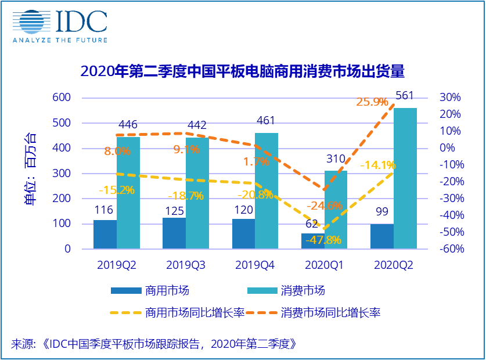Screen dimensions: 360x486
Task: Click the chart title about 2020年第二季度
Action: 242,72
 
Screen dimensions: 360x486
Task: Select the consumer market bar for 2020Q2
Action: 405,178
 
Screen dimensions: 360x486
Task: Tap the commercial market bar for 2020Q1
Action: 313,241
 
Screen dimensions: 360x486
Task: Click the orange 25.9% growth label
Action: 372,102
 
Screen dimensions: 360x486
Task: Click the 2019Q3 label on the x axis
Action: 186,265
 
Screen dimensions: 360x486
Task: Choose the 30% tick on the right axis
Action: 449,98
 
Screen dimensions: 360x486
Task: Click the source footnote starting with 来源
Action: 154,343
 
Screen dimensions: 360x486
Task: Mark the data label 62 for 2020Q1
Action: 312,223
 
